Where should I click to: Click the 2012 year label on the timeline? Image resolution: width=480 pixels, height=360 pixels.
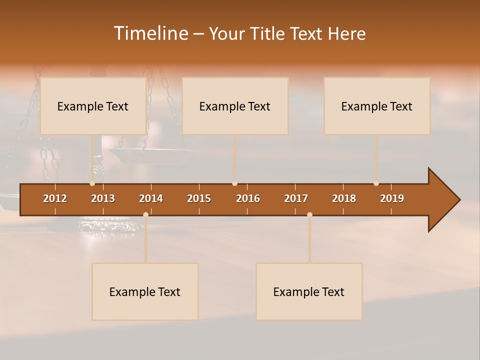pyautogui.click(x=55, y=198)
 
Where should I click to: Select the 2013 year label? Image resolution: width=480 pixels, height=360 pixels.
pyautogui.click(x=103, y=198)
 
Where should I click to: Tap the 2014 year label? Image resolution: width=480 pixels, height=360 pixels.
pyautogui.click(x=151, y=198)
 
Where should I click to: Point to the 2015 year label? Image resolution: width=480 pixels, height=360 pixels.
pyautogui.click(x=199, y=198)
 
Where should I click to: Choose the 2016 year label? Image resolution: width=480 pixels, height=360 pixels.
pyautogui.click(x=248, y=198)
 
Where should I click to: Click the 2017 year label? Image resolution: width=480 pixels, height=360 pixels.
pyautogui.click(x=296, y=198)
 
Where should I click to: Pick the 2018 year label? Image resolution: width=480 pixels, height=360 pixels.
pyautogui.click(x=344, y=198)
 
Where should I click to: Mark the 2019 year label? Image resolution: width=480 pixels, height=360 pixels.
pyautogui.click(x=392, y=198)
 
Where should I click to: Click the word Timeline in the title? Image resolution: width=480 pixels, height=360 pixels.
pyautogui.click(x=150, y=33)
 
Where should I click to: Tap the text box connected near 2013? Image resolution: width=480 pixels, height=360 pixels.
pyautogui.click(x=93, y=106)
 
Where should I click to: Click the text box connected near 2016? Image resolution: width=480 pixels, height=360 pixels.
pyautogui.click(x=235, y=106)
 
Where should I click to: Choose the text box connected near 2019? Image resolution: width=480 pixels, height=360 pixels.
pyautogui.click(x=377, y=106)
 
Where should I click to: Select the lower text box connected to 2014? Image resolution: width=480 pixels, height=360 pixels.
pyautogui.click(x=145, y=291)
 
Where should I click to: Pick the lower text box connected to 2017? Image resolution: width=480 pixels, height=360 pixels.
pyautogui.click(x=309, y=291)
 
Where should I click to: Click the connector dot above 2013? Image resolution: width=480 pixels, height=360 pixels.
pyautogui.click(x=92, y=183)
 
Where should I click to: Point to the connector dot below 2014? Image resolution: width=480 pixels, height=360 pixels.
pyautogui.click(x=145, y=214)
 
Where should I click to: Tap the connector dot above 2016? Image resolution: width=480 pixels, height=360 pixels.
pyautogui.click(x=234, y=183)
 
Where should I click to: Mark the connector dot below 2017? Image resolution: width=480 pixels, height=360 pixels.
pyautogui.click(x=309, y=214)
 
